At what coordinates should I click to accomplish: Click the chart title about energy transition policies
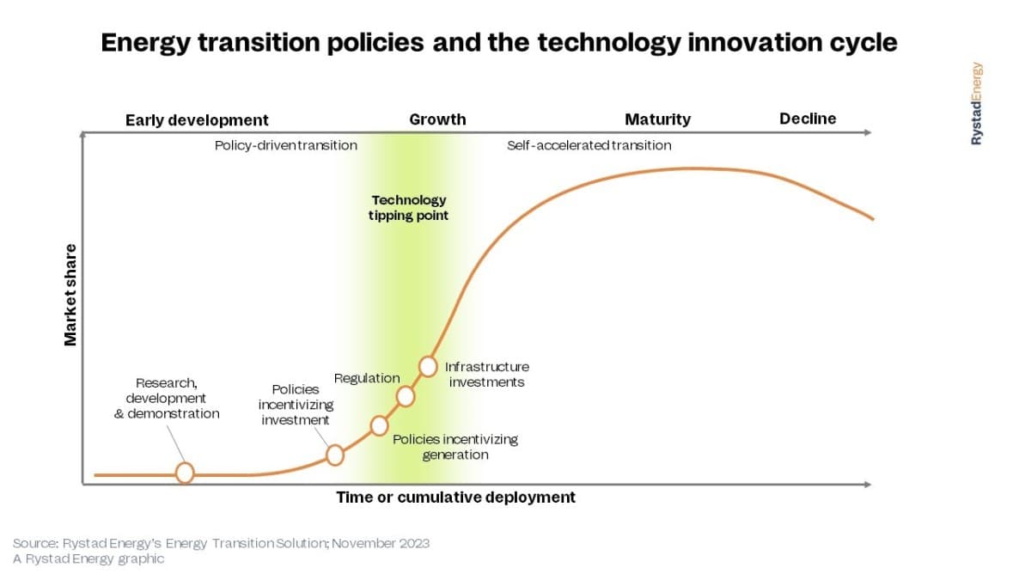499,43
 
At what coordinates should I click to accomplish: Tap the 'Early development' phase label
197,120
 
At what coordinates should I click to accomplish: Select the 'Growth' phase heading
437,119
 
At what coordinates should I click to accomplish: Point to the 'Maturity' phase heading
657,119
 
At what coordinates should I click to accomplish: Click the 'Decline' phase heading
808,119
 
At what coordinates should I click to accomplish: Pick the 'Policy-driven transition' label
286,145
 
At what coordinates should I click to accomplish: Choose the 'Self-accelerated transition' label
589,145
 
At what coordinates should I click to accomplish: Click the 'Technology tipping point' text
408,208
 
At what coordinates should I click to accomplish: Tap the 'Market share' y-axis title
70,295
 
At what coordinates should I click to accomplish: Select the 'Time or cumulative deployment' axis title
455,498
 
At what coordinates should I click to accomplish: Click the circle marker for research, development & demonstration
185,473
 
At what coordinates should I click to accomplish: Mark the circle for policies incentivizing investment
334,455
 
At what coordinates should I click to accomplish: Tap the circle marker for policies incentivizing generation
379,426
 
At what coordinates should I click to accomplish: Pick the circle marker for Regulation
405,396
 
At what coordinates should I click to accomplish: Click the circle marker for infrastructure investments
428,367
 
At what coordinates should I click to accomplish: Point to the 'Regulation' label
367,378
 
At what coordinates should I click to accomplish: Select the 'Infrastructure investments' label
487,375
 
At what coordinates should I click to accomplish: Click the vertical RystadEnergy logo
976,104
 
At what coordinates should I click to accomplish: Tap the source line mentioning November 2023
221,543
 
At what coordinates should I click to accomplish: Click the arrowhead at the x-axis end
868,485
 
